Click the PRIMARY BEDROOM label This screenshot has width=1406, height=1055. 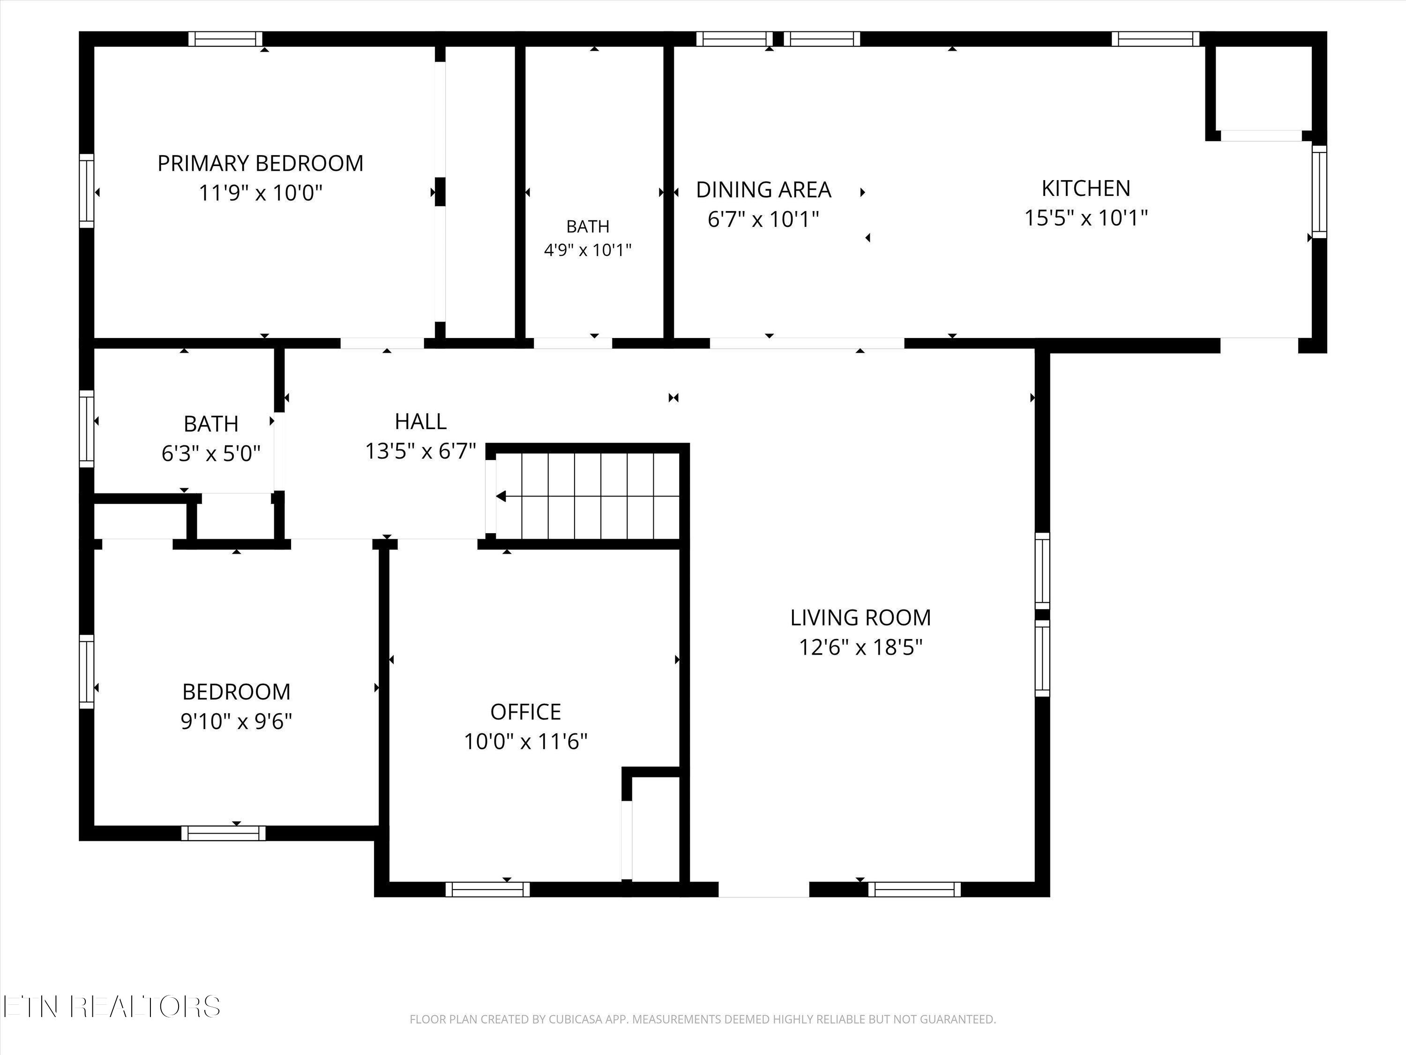[261, 164]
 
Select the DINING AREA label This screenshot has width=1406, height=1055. [763, 189]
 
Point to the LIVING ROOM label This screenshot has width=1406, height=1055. [860, 618]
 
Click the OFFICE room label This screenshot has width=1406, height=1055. [526, 712]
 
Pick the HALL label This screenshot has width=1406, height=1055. [421, 421]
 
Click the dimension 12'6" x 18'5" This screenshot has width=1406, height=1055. [860, 648]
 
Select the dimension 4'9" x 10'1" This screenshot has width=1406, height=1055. [588, 250]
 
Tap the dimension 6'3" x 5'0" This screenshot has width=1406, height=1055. [211, 453]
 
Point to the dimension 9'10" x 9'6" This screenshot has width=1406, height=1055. [237, 721]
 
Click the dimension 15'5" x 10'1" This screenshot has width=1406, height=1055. [1085, 218]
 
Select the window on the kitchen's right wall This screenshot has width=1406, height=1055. [1320, 191]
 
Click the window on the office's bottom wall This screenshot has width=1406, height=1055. [487, 889]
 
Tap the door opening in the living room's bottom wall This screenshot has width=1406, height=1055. [763, 889]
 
